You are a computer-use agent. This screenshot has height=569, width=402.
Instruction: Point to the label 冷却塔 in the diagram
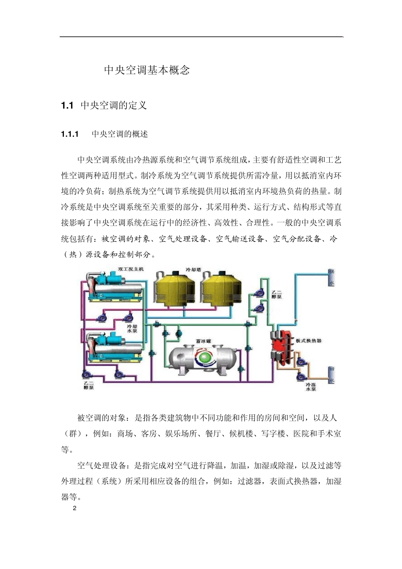coord(193,270)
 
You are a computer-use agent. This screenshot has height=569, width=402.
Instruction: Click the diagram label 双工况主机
coord(131,269)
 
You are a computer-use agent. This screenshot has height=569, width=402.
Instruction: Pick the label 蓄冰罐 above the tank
coord(204,341)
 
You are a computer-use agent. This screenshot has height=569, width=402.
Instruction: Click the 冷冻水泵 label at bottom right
coord(311,387)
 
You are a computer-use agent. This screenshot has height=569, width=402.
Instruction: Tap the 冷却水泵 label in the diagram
coord(132,329)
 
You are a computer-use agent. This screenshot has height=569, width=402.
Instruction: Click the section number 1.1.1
coord(70,134)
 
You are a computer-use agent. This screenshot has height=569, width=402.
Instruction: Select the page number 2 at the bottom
coord(75,508)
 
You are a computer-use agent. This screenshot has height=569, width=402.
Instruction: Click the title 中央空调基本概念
coord(147,70)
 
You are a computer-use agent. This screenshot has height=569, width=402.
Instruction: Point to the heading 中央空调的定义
coord(113,105)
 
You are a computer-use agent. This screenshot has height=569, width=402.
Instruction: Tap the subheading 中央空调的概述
coord(120,134)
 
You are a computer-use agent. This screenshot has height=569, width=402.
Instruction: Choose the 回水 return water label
coord(332,375)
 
